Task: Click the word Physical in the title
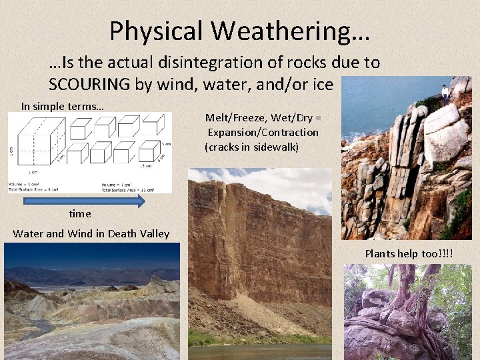point(156,31)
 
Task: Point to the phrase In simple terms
point(62,106)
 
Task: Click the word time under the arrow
point(80,214)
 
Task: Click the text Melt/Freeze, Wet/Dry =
point(262,118)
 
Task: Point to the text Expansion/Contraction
point(262,132)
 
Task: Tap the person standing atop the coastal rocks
point(445,94)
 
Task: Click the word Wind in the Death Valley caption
point(82,233)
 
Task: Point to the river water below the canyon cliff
point(260,352)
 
